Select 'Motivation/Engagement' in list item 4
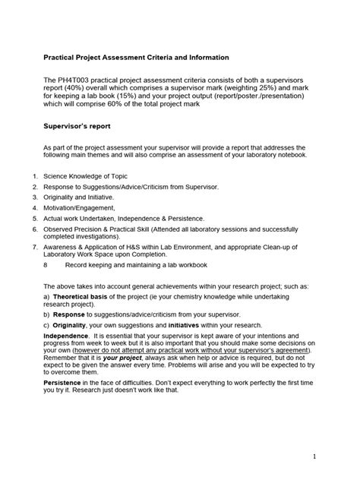tap(84, 206)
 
